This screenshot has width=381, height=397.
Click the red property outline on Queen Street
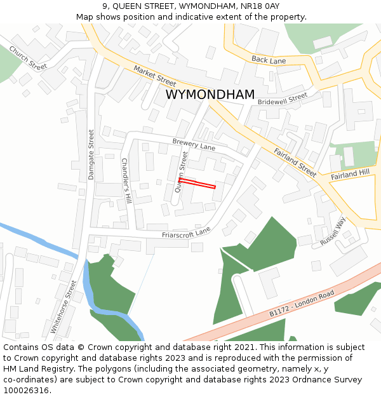[197, 184]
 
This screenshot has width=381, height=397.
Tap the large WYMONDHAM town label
[210, 95]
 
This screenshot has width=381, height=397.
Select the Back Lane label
[269, 60]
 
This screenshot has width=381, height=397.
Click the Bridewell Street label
[283, 98]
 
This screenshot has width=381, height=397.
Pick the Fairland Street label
[295, 163]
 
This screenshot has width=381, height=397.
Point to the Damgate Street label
[91, 154]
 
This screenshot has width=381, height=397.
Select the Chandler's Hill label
[126, 180]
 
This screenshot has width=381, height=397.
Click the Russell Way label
[333, 232]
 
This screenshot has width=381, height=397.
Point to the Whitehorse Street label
[63, 309]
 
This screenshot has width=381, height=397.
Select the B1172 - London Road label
[301, 304]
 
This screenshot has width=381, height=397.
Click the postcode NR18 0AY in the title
[262, 6]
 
